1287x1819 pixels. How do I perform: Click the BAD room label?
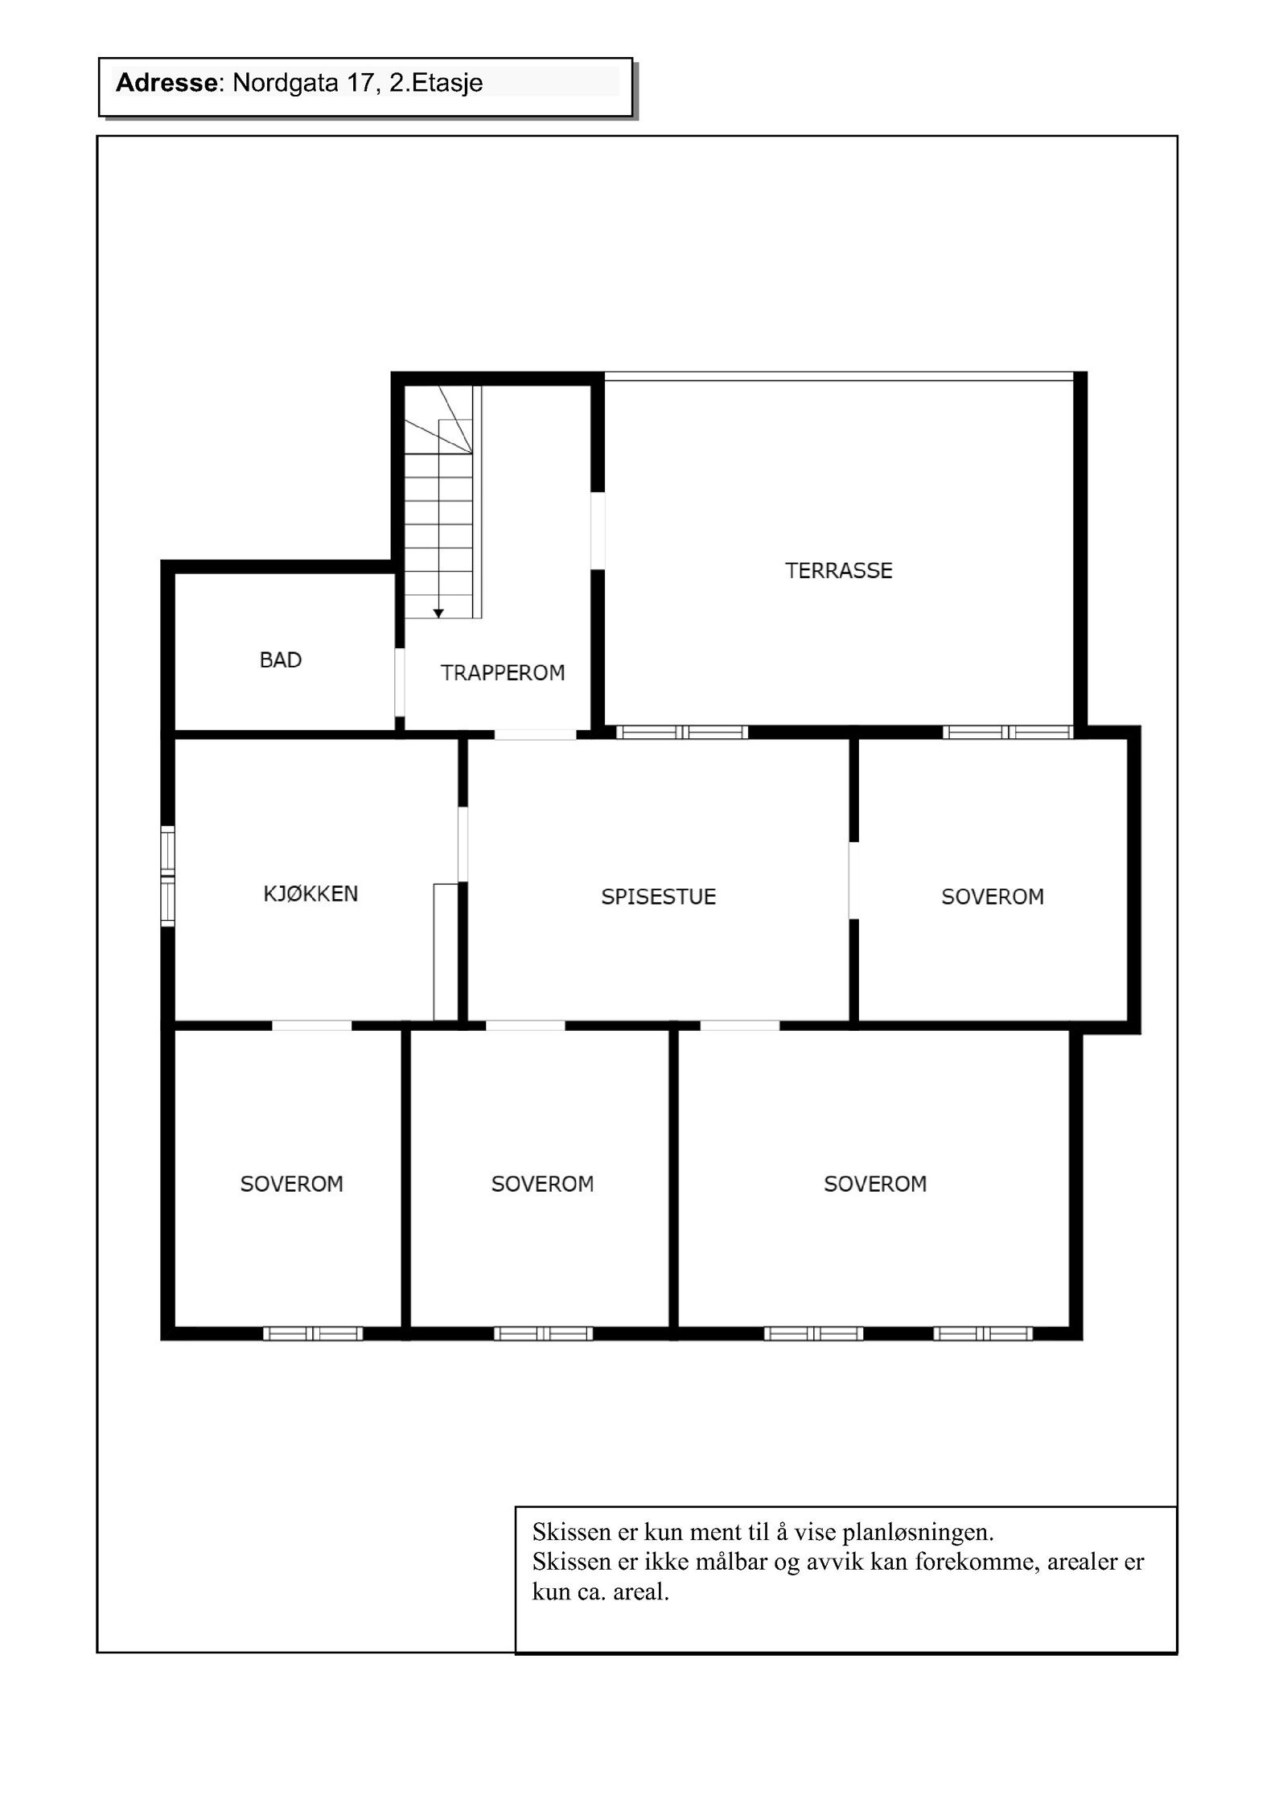(x=280, y=660)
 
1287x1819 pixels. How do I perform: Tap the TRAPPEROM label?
(x=502, y=673)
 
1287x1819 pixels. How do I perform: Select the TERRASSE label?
(x=838, y=571)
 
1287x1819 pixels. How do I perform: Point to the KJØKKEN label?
(x=310, y=893)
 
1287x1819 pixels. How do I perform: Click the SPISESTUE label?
(x=658, y=897)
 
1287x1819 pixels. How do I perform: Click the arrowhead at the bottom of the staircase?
(x=438, y=614)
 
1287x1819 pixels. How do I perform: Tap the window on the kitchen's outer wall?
(x=167, y=876)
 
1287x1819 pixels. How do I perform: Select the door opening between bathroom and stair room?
(x=399, y=682)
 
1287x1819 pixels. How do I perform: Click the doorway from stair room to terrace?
(x=597, y=531)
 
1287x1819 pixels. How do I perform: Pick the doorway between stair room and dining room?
(x=535, y=733)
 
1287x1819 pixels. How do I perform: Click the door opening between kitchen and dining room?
(x=463, y=844)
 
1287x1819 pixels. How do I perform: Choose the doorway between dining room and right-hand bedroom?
(x=853, y=880)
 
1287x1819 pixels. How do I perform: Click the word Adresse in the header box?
(x=167, y=83)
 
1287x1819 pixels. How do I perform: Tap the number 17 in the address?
(x=356, y=83)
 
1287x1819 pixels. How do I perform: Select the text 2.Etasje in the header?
(x=436, y=83)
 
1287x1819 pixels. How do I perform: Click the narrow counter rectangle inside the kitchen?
(x=445, y=951)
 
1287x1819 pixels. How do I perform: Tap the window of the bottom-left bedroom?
(x=313, y=1333)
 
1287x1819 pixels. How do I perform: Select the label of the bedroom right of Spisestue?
(x=992, y=897)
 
